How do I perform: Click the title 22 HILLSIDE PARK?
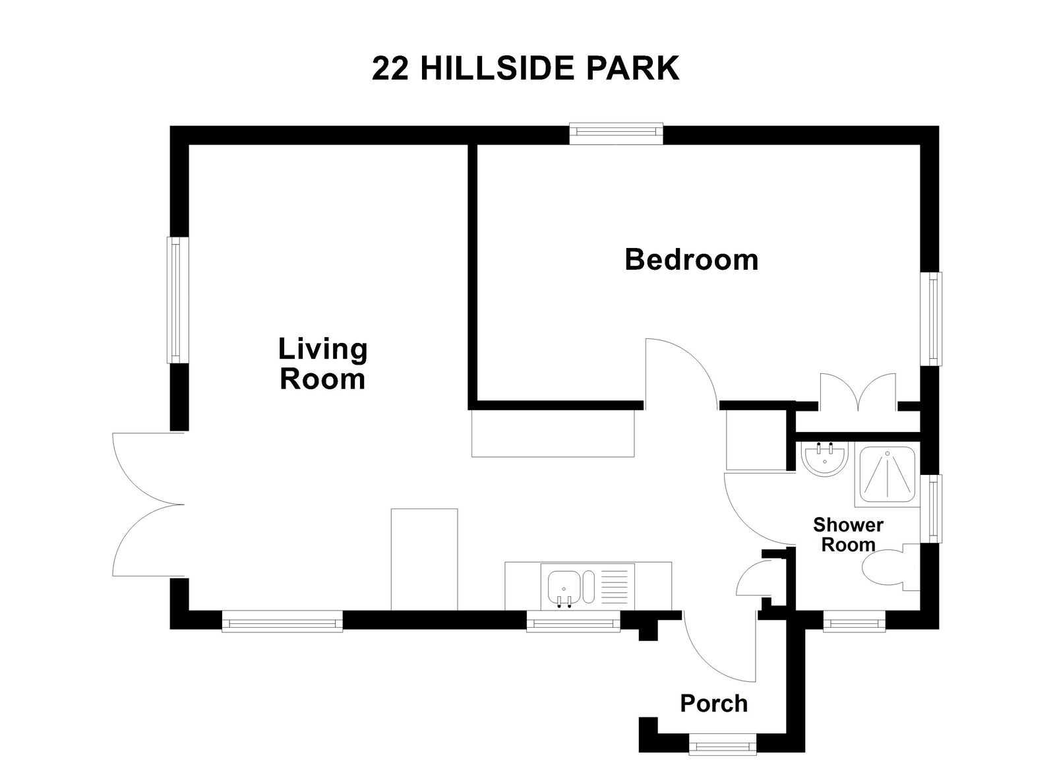click(526, 68)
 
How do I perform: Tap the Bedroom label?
click(691, 259)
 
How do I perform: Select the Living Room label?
click(322, 363)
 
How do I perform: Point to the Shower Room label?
click(848, 535)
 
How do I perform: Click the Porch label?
click(713, 704)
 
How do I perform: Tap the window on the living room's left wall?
click(176, 300)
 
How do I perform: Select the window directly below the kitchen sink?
click(573, 621)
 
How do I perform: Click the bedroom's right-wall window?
click(933, 319)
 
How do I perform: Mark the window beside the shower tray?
click(934, 508)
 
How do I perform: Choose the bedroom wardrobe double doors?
click(858, 392)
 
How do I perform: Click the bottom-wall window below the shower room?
click(854, 621)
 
